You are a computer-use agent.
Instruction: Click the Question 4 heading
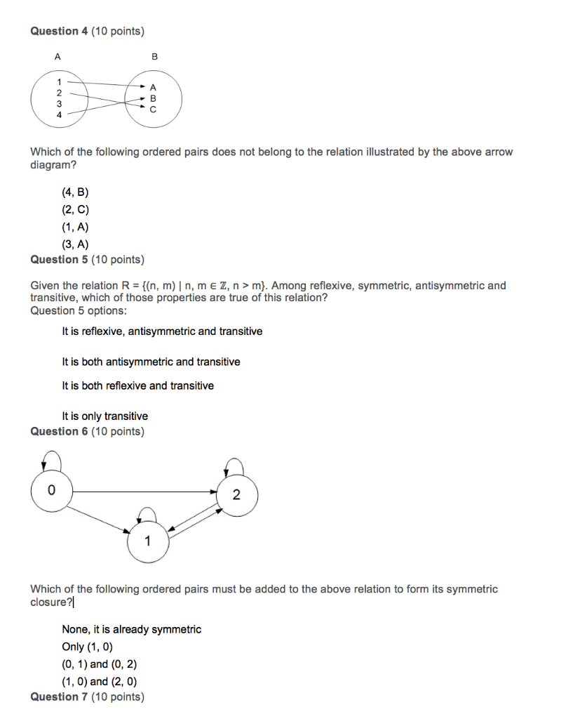[x=87, y=31]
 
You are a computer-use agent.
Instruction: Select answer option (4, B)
[x=75, y=192]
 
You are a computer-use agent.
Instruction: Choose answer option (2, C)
[x=75, y=210]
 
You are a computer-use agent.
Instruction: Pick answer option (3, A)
[x=75, y=244]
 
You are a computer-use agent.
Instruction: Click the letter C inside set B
[x=154, y=110]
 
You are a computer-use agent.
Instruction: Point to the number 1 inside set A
[x=59, y=82]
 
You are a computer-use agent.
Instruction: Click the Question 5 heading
[x=87, y=260]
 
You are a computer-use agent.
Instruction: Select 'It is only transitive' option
[x=104, y=416]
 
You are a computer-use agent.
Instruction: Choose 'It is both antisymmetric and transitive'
[x=151, y=362]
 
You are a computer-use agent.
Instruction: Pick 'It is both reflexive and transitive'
[x=137, y=385]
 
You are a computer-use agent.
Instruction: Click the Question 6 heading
[x=87, y=431]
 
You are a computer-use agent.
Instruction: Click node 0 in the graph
[x=50, y=489]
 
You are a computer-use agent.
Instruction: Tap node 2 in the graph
[x=236, y=496]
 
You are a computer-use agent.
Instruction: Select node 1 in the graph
[x=147, y=541]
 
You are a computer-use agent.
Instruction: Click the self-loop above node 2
[x=234, y=466]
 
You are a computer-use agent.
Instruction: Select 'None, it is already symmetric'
[x=131, y=629]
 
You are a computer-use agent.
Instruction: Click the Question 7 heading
[x=87, y=697]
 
